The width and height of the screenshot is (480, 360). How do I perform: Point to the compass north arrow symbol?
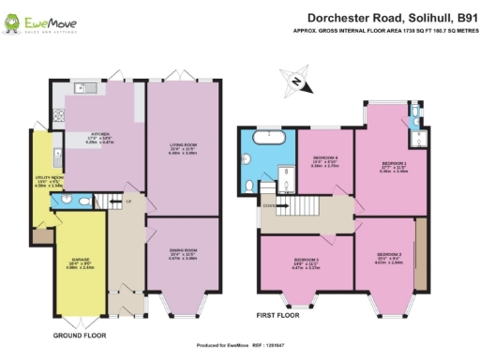pyautogui.click(x=297, y=82)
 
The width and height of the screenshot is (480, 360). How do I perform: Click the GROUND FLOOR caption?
pyautogui.click(x=79, y=335)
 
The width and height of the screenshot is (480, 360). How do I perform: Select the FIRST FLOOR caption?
pyautogui.click(x=282, y=315)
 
